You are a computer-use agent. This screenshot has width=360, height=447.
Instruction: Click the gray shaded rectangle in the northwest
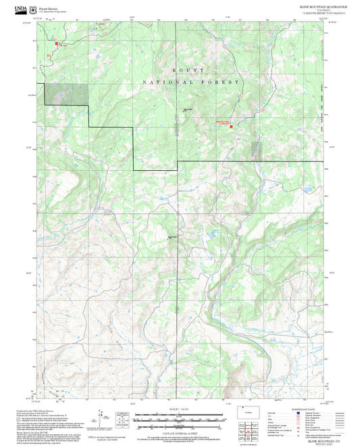[x=67, y=95]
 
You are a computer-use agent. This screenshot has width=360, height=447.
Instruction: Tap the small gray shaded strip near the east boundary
[x=255, y=150]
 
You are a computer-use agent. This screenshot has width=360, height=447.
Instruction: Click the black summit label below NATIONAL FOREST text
[x=188, y=110]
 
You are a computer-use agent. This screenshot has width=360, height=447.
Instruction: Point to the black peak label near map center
[x=172, y=237]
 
